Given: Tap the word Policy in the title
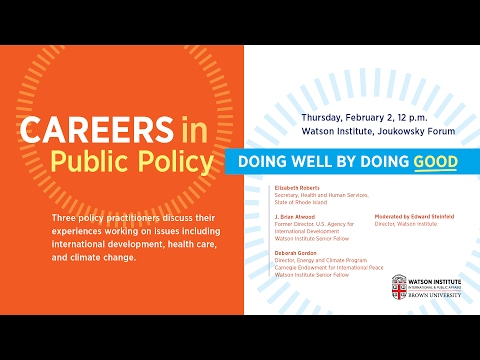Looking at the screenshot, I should pos(175,162).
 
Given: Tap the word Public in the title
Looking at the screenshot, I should pos(87,162).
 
